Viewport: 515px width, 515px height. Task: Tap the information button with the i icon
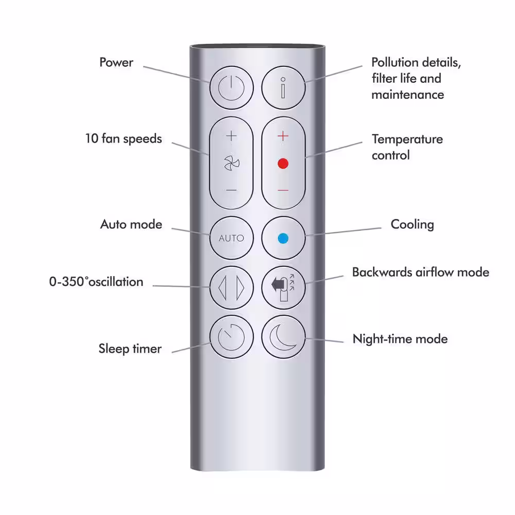[x=283, y=88]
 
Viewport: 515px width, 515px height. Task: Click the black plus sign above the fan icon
[x=231, y=135]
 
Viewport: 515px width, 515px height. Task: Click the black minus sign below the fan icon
[x=231, y=190]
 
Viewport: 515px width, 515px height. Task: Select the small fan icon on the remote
[x=232, y=163]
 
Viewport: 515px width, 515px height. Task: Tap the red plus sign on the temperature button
[x=283, y=135]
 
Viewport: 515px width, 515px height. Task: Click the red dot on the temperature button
[x=283, y=163]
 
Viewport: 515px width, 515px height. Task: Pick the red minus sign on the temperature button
[x=283, y=190]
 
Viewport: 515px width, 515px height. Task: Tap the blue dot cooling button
[x=283, y=238]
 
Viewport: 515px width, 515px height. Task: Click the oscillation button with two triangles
[x=232, y=288]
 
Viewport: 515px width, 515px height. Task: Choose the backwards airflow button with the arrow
[x=283, y=288]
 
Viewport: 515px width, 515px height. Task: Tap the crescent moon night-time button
[x=283, y=337]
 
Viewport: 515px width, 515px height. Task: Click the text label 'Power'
[x=116, y=62]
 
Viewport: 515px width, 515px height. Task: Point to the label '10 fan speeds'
[x=124, y=139]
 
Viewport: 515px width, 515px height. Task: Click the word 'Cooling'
[x=412, y=225]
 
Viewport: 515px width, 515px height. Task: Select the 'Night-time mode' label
[x=400, y=339]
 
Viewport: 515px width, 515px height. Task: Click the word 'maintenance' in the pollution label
[x=407, y=95]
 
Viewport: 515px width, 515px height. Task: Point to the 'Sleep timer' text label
[x=130, y=349]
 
